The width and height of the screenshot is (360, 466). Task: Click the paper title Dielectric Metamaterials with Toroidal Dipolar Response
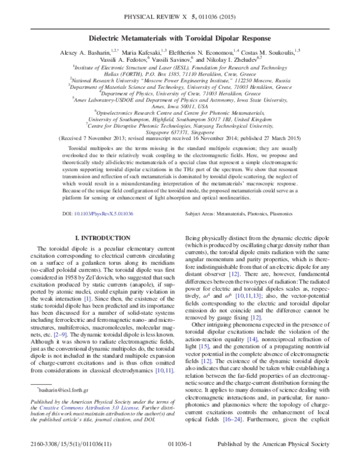[x=179, y=37]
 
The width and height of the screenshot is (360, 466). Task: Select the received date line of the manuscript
[x=179, y=137]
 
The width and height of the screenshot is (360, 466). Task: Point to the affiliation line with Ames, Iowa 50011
[x=179, y=106]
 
